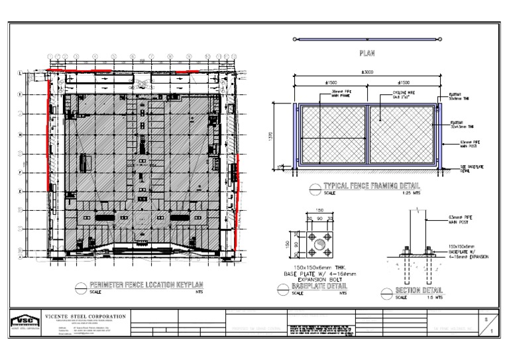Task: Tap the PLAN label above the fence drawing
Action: tap(367, 52)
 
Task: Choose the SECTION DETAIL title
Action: tap(418, 290)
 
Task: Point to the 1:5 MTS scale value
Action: tap(434, 297)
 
